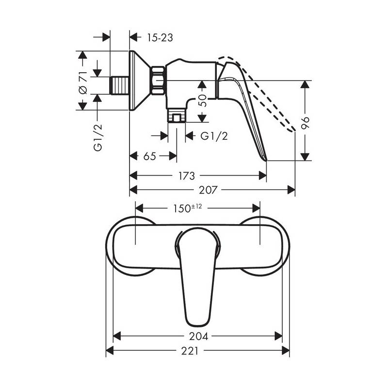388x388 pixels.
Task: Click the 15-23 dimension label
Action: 160,38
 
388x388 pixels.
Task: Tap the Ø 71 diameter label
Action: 83,83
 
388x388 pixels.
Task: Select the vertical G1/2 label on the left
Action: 98,138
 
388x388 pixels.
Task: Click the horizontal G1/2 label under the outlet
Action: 214,136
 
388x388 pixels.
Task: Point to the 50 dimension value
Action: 202,100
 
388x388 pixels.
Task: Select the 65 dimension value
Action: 150,156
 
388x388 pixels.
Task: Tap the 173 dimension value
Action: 187,176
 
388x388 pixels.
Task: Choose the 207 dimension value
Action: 208,190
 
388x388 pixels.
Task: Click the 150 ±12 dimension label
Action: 187,208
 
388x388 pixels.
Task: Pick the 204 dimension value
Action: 199,336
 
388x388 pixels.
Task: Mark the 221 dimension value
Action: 190,351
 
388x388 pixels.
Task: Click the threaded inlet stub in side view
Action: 119,85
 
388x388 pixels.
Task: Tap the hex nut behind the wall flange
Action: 158,81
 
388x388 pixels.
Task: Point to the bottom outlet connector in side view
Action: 177,115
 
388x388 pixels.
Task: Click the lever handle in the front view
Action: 197,276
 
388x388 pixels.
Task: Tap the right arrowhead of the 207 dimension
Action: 291,190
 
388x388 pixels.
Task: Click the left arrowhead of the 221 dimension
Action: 110,351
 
